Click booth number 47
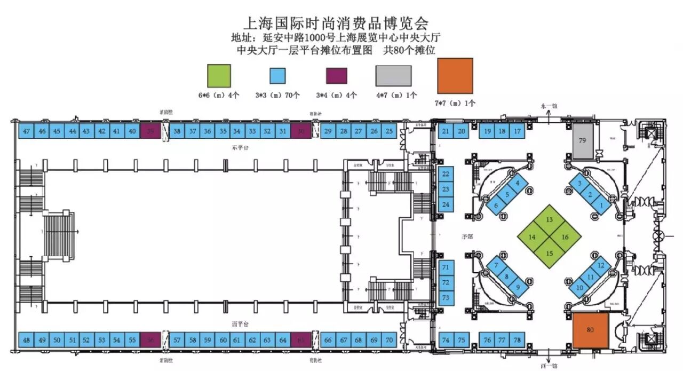pyautogui.click(x=26, y=132)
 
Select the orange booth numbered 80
pyautogui.click(x=590, y=330)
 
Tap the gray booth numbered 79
pyautogui.click(x=583, y=141)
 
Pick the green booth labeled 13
pyautogui.click(x=549, y=220)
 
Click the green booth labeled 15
pyautogui.click(x=550, y=253)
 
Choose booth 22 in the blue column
pyautogui.click(x=446, y=174)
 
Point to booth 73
pyautogui.click(x=446, y=297)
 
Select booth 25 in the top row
pyautogui.click(x=389, y=132)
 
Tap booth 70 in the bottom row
pyautogui.click(x=389, y=340)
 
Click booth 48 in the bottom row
pyautogui.click(x=26, y=340)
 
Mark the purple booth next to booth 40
pyautogui.click(x=150, y=132)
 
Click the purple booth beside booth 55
pyautogui.click(x=150, y=340)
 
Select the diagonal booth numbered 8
pyautogui.click(x=507, y=277)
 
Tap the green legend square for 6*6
pyautogui.click(x=218, y=76)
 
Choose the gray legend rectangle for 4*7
pyautogui.click(x=393, y=76)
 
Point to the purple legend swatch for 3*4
pyautogui.click(x=337, y=76)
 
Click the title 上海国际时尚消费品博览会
pyautogui.click(x=336, y=23)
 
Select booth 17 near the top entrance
pyautogui.click(x=517, y=132)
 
